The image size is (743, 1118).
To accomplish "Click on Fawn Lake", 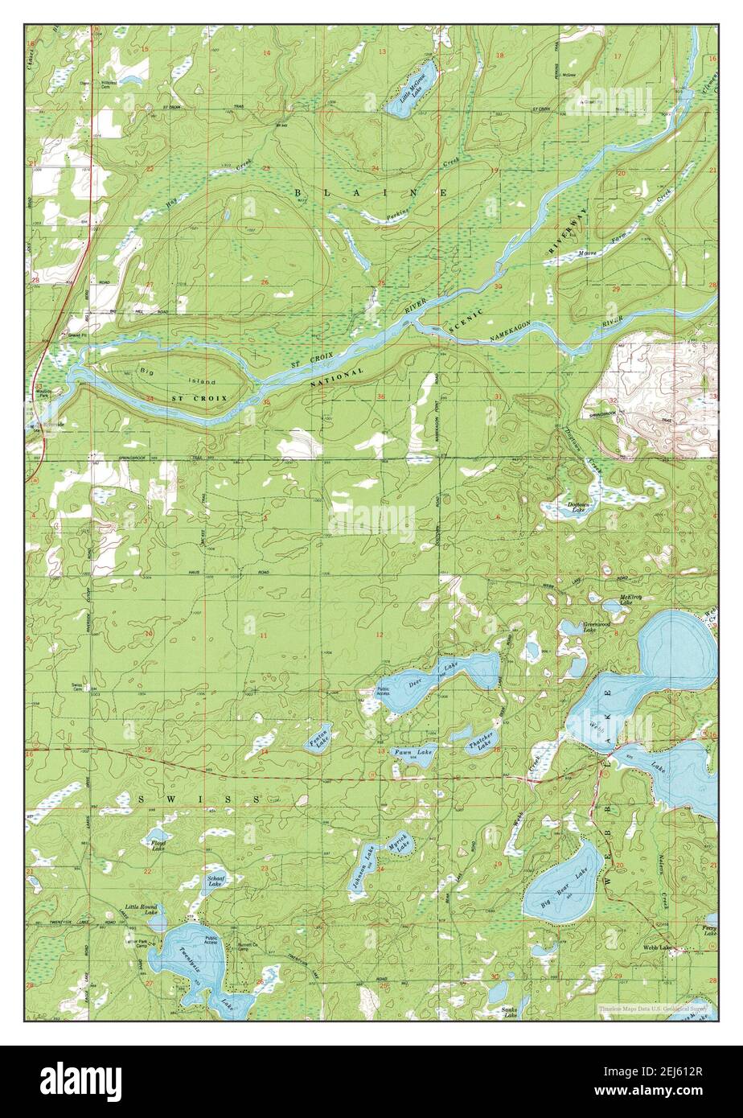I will (x=413, y=752).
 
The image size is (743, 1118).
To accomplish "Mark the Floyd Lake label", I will (x=158, y=845).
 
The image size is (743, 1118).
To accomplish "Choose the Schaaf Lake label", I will (x=215, y=880).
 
